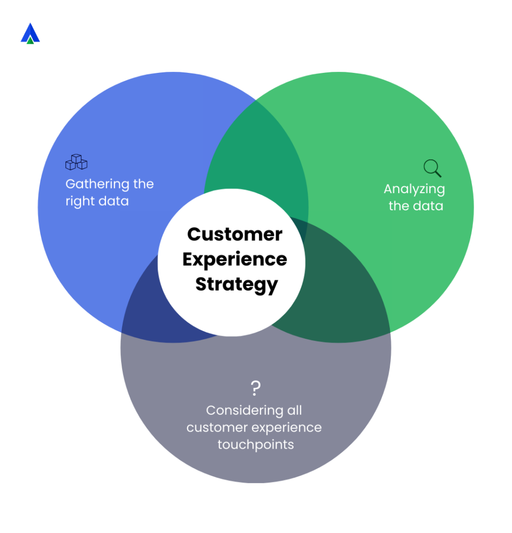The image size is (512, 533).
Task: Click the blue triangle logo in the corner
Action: coord(30,33)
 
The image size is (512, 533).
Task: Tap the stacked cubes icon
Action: coord(76,162)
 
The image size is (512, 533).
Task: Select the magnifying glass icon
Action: coord(432,168)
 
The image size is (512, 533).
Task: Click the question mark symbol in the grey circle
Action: coord(255,388)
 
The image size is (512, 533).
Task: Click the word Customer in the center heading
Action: coord(234,234)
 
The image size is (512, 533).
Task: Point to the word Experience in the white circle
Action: coord(234,259)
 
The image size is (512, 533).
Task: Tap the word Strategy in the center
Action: coord(237,284)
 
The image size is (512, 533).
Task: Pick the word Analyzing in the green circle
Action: coord(414,189)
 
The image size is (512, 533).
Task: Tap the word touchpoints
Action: coord(255,445)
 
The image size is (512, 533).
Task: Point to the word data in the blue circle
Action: coord(116,201)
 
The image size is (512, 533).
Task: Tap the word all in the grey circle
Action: coord(294,411)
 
